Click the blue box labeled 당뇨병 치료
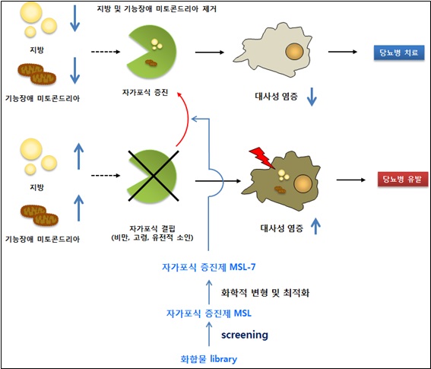coord(399,52)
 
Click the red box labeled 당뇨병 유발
coord(403,180)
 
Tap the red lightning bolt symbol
coord(261,157)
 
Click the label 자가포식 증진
coord(145,93)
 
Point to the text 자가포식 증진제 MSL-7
coord(208,267)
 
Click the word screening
coord(245,335)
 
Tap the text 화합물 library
coord(208,359)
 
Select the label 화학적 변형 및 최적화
coord(265,292)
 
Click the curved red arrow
coord(188,119)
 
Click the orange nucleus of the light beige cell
coord(294,52)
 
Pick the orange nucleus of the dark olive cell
coord(303,183)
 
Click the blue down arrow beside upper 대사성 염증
coord(312,97)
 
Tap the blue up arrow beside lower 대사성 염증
coord(315,226)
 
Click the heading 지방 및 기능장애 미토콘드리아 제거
coord(157,9)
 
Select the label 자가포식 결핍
coord(152,228)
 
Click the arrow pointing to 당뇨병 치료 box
coord(343,52)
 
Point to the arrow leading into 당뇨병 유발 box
coord(350,180)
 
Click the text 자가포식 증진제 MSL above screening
coord(208,313)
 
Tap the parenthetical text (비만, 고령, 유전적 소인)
coord(152,237)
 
